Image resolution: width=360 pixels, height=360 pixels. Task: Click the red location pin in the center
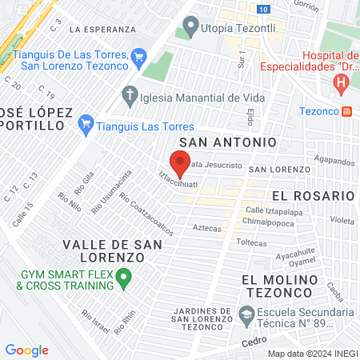(x=180, y=163)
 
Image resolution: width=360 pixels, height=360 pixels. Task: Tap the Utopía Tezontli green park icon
(x=190, y=27)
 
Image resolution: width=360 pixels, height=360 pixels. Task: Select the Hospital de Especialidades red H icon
(x=342, y=82)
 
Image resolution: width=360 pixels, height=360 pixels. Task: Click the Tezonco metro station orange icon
(x=347, y=112)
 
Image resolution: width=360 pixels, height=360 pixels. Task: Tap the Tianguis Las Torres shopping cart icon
(x=87, y=125)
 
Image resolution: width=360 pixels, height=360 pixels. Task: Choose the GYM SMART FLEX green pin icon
(x=123, y=279)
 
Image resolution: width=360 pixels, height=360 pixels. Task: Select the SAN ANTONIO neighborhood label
(x=228, y=142)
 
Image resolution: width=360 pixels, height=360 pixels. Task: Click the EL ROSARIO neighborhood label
(x=313, y=195)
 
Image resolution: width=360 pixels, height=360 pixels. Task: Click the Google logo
(x=26, y=350)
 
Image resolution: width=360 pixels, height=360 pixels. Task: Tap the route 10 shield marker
(x=264, y=7)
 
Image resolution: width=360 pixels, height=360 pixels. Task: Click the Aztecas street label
(x=207, y=227)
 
